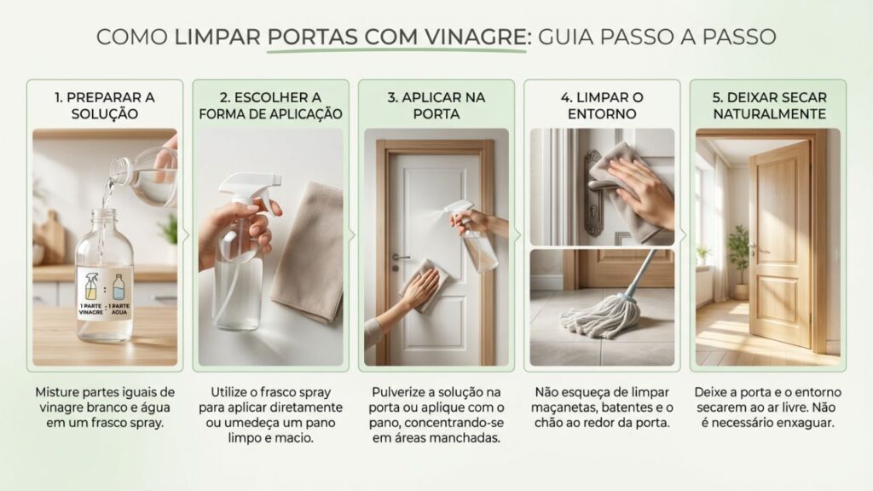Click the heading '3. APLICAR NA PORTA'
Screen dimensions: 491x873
(x=436, y=105)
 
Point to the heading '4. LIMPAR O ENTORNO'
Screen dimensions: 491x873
(x=602, y=105)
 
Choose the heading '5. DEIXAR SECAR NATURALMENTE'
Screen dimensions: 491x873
(x=767, y=105)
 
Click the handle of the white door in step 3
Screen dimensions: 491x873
(x=400, y=257)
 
